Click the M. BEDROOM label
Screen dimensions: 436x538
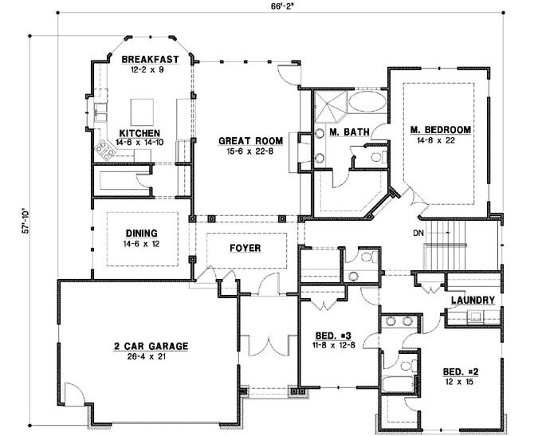click(441, 129)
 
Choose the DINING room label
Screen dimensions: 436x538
click(140, 234)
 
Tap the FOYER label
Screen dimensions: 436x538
click(245, 248)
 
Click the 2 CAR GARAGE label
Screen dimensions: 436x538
click(150, 346)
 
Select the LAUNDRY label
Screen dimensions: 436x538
click(473, 300)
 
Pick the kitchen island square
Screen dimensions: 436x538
click(142, 108)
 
